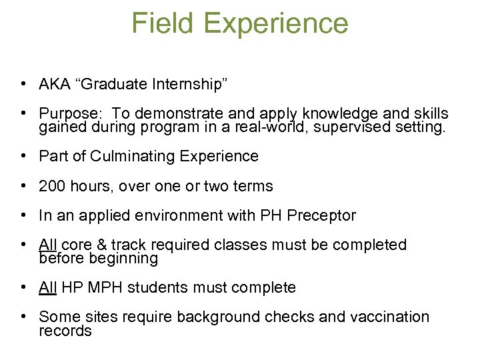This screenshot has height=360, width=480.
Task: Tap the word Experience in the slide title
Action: (x=276, y=25)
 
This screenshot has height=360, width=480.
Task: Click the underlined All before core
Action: (x=48, y=245)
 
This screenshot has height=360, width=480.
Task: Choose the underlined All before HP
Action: (x=48, y=287)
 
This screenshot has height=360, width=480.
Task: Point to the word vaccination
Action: (x=389, y=317)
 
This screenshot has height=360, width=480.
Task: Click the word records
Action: (x=65, y=331)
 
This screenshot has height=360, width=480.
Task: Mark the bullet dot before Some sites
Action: (x=23, y=317)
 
